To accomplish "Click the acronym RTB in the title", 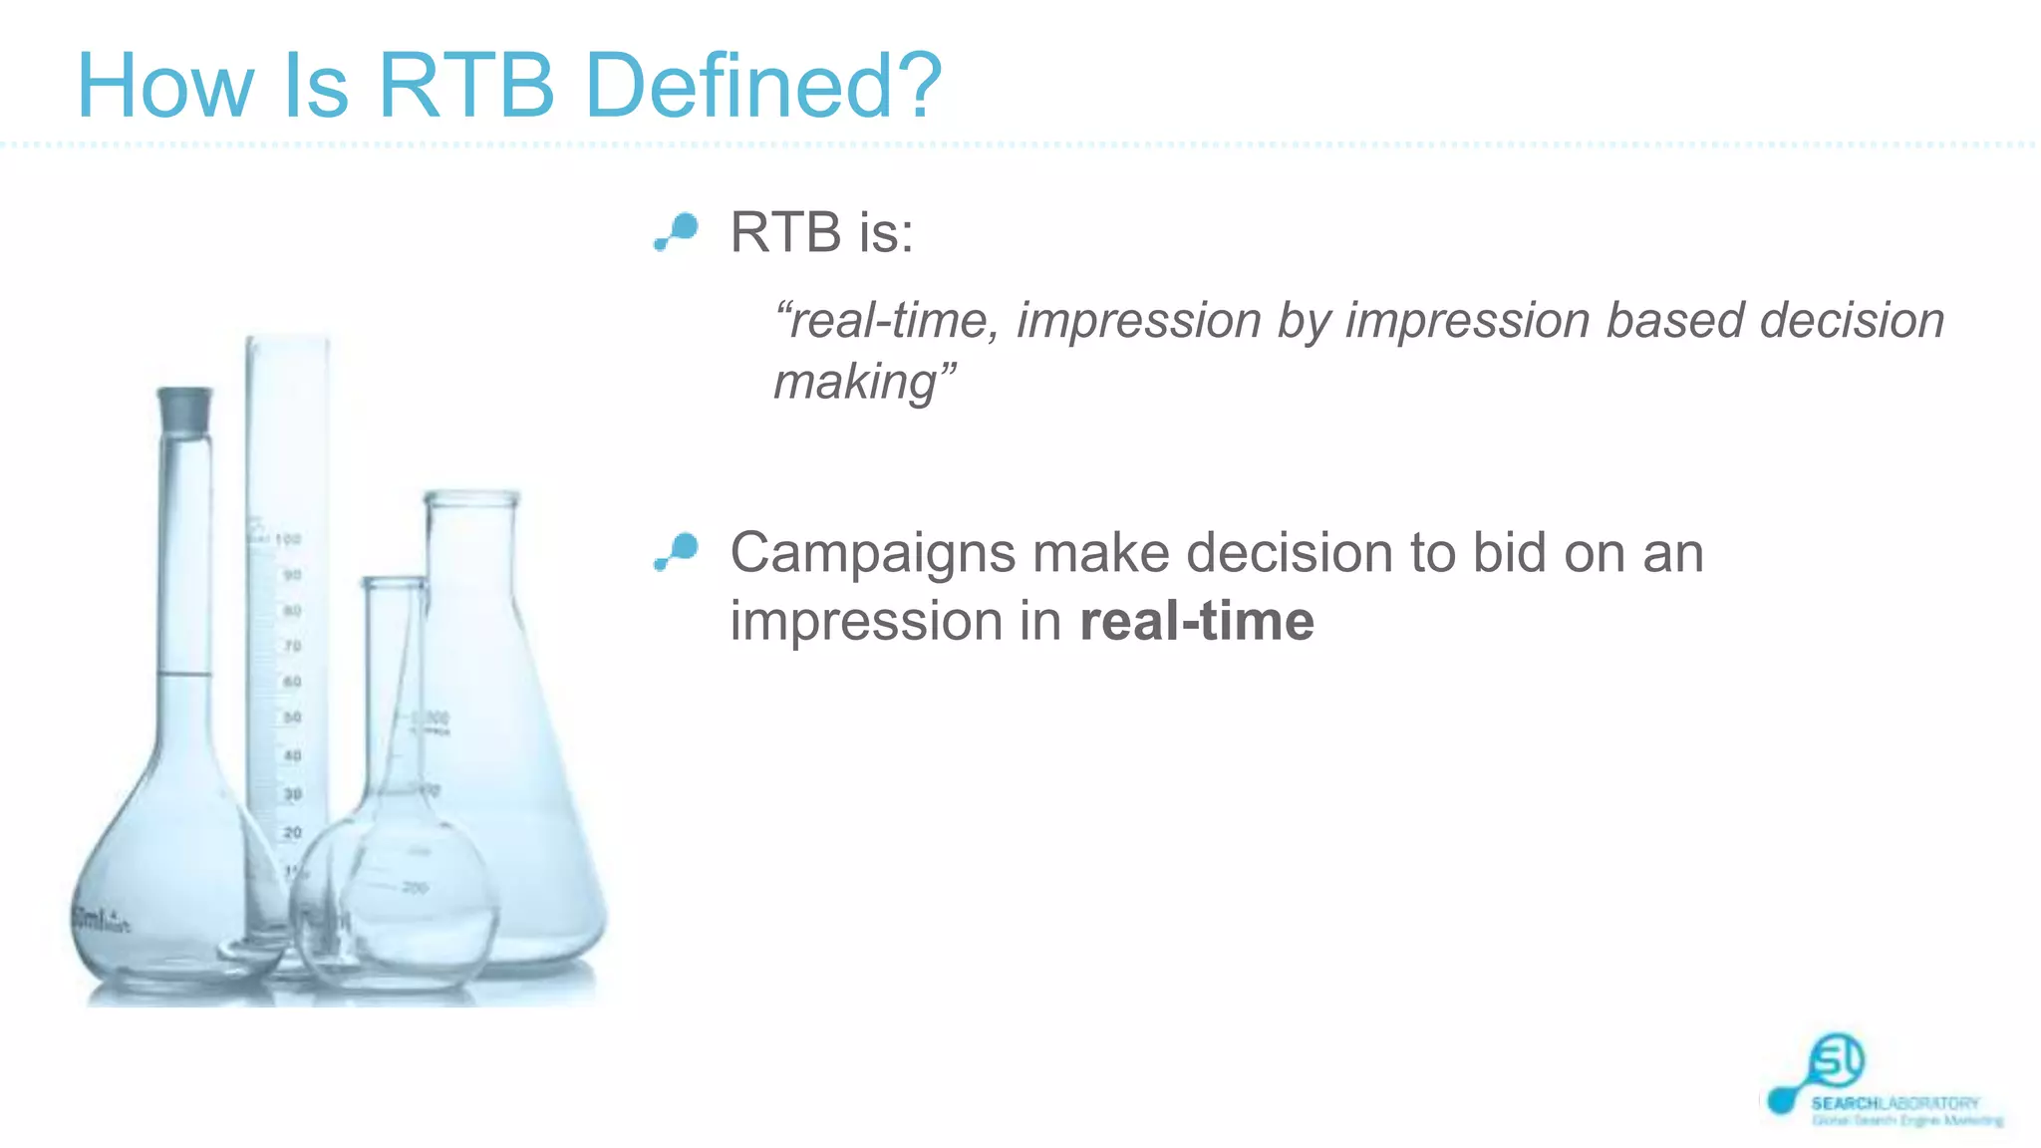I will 465,86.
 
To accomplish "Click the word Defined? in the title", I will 763,86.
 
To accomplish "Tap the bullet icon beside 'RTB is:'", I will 677,231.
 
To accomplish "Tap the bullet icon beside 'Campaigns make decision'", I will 677,551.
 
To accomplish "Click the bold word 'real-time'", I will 1197,621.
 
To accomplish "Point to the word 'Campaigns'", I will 872,553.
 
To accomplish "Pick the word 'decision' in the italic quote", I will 1852,321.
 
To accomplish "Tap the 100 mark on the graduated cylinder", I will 288,539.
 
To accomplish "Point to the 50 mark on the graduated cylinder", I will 292,717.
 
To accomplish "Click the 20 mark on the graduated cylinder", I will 292,832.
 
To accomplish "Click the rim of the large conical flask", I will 471,497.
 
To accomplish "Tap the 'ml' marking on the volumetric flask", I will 92,919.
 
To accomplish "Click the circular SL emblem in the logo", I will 1836,1060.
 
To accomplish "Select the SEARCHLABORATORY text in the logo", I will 1895,1103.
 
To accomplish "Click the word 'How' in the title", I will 164,86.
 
